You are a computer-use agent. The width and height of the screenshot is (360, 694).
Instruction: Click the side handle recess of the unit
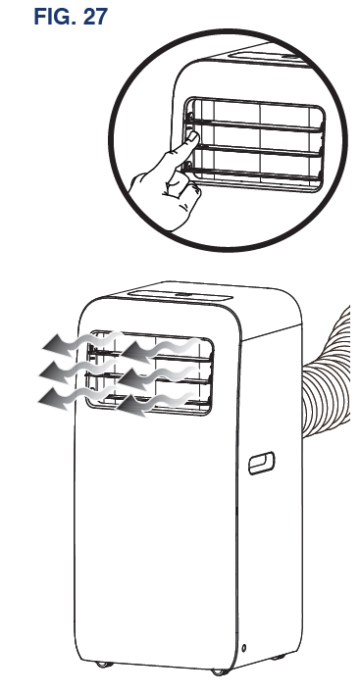(263, 462)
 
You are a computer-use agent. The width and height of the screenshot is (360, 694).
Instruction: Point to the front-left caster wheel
(104, 669)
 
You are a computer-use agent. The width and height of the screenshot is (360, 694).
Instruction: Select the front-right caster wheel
(215, 672)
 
